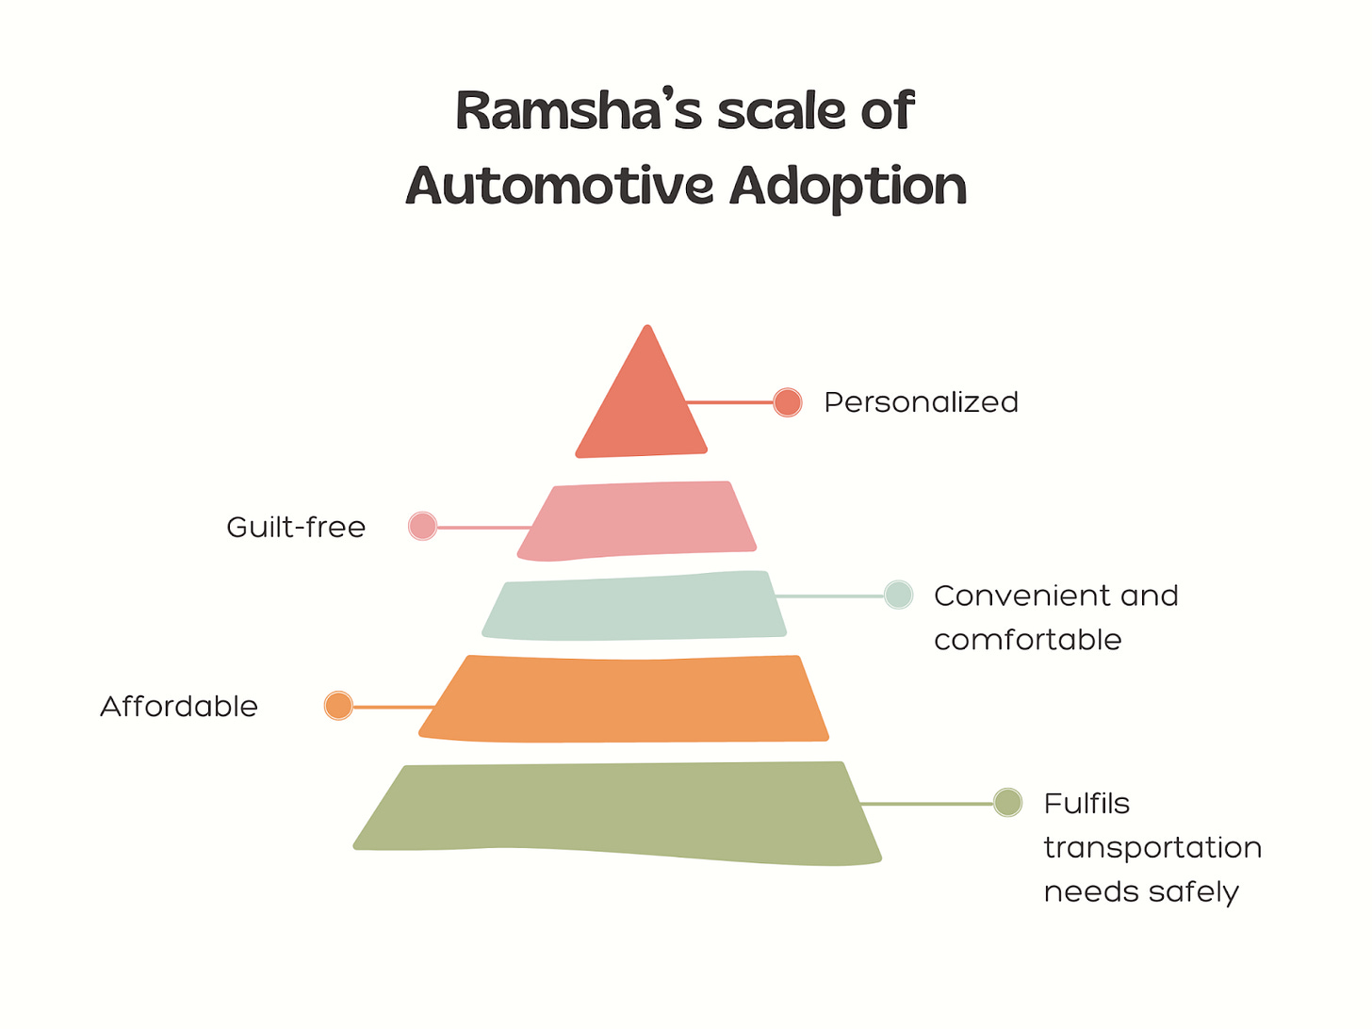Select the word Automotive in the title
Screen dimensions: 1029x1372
coord(560,186)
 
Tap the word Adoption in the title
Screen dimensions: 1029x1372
coord(848,186)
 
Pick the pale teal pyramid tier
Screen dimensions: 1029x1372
coord(634,606)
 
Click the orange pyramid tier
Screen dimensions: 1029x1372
coord(625,698)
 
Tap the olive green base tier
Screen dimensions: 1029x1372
coord(617,810)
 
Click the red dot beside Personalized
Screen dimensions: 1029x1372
coord(788,402)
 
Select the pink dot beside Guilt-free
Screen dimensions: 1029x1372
coord(423,526)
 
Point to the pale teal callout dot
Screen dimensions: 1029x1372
coord(899,595)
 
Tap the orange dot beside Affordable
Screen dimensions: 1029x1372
coord(338,705)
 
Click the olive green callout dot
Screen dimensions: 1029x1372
coord(1008,803)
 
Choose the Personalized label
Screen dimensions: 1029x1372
coord(921,402)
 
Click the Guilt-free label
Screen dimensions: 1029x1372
coord(296,527)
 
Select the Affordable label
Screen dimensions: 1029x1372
coord(179,706)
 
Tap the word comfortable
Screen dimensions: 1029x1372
coord(1027,640)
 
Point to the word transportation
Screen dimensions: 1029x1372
coord(1152,848)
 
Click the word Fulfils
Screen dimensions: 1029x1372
coord(1086,804)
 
